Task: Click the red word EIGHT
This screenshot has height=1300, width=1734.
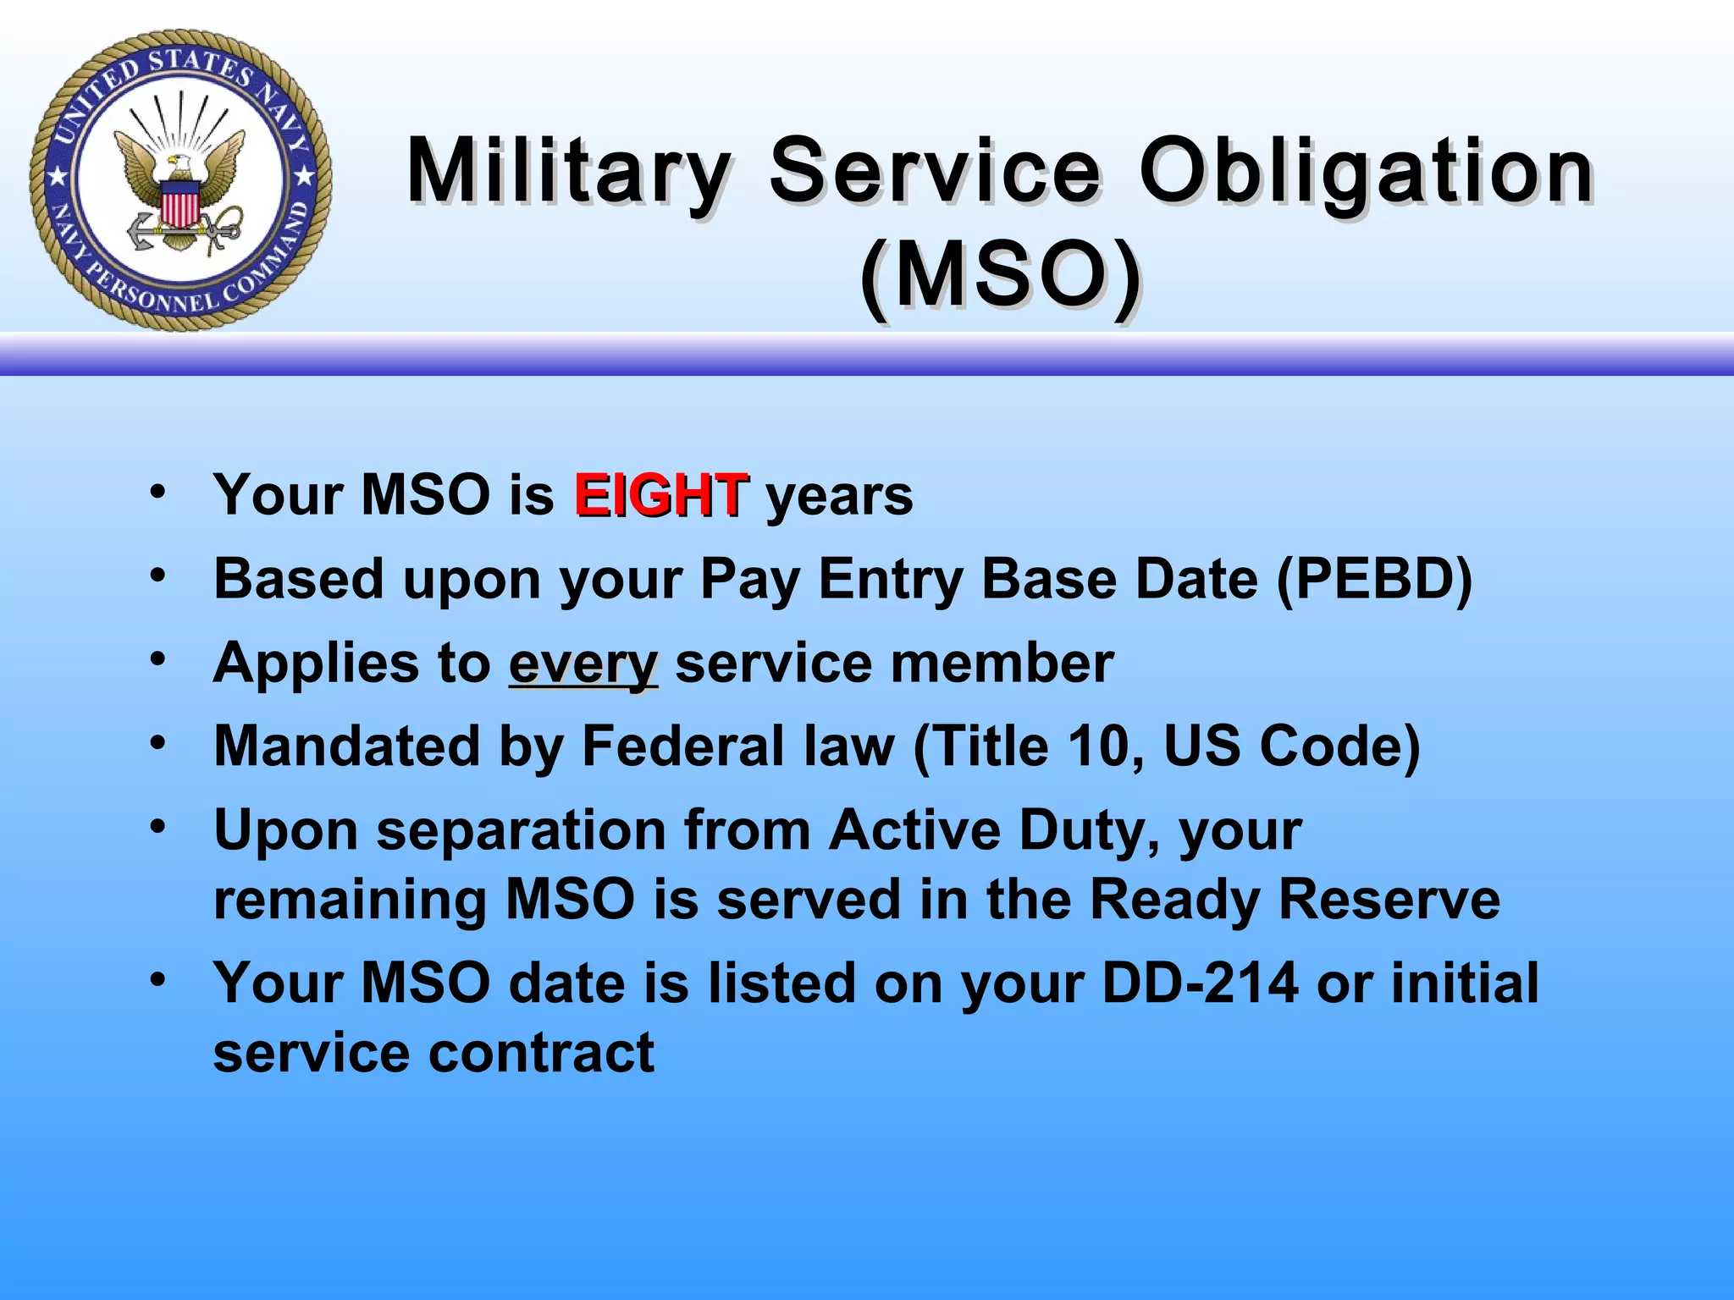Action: click(x=660, y=495)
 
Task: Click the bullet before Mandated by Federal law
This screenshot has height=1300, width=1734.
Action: click(x=158, y=742)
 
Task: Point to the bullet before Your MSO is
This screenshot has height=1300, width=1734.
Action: click(x=158, y=490)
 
